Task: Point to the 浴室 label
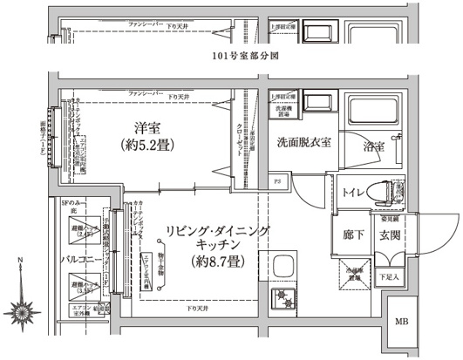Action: tap(374, 146)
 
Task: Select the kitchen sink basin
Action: tap(285, 267)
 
